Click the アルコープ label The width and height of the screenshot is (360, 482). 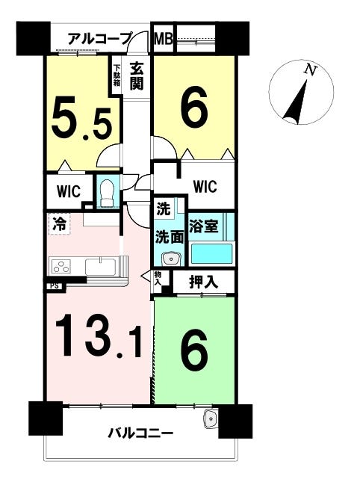[100, 38]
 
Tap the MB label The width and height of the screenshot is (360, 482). [164, 39]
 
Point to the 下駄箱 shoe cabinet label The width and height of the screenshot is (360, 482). [117, 75]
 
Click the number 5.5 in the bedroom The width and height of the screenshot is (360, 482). [81, 118]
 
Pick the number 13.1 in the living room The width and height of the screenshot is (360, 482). [99, 336]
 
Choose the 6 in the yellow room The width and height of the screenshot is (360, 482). [194, 109]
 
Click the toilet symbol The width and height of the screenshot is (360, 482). [108, 193]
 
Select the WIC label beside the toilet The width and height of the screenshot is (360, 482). [69, 191]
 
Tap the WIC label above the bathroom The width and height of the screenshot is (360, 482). [205, 186]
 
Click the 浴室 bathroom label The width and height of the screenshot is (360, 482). [204, 226]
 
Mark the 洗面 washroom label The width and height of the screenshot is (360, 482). [170, 237]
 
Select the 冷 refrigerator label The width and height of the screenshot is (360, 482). [59, 223]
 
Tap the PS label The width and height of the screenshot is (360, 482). [55, 286]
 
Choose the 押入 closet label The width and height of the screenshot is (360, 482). [204, 282]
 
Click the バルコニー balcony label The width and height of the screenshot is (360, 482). [140, 433]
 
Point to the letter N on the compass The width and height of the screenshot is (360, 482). [310, 71]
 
